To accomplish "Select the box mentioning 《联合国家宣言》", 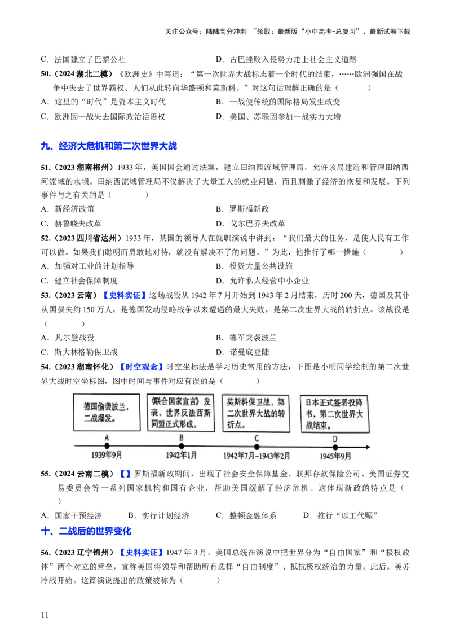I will point(180,413).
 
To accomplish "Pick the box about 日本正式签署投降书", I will point(334,414).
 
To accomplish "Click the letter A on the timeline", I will point(107,438).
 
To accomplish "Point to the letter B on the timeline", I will point(182,438).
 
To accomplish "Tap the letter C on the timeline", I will point(257,439).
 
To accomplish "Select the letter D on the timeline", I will point(335,439).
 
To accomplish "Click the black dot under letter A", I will point(107,447).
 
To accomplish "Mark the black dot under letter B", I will point(182,447).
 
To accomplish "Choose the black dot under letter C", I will point(257,447).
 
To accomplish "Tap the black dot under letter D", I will point(335,447).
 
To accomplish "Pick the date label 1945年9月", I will point(335,456).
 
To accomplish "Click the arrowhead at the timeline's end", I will point(367,447).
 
